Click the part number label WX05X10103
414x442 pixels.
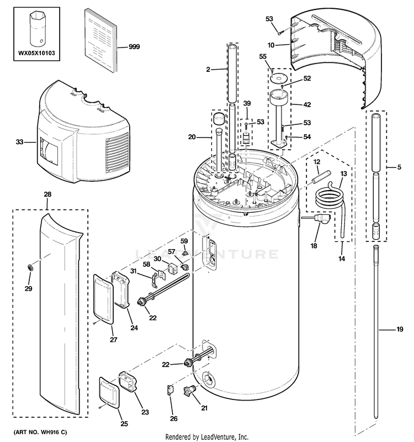[x=36, y=53]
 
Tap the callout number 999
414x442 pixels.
[x=134, y=46]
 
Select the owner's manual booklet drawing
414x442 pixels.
[x=101, y=40]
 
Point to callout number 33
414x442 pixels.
[x=19, y=142]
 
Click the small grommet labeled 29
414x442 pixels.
[x=30, y=267]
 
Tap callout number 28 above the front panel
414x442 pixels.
[x=47, y=194]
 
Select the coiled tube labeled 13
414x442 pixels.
[x=330, y=199]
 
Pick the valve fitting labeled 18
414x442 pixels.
[x=319, y=218]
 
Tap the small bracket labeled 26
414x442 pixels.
[x=171, y=390]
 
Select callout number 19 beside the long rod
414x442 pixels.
[x=400, y=329]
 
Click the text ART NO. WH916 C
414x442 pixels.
[x=40, y=432]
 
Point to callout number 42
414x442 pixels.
[x=307, y=104]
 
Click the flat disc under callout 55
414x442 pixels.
[x=277, y=78]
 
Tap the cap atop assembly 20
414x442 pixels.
[x=219, y=118]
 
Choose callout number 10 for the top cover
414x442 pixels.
[x=270, y=45]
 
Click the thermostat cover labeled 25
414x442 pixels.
[x=109, y=392]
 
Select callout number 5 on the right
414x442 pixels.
[x=399, y=167]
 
